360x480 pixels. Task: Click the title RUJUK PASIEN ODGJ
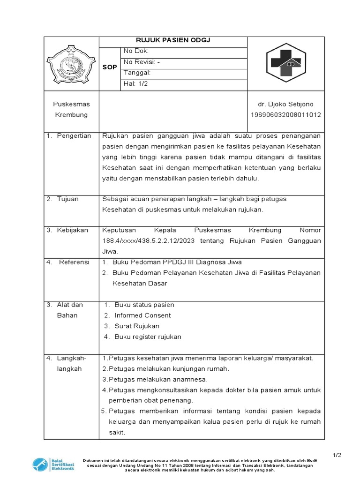172,40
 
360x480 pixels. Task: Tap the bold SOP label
110,67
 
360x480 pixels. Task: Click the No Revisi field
142,62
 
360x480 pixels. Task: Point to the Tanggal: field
136,73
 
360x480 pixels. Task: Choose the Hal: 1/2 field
135,84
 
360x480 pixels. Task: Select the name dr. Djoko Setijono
285,104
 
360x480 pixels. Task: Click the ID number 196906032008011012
285,115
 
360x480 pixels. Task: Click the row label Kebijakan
68,230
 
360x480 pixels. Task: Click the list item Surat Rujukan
137,326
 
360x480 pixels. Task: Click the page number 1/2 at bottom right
337,455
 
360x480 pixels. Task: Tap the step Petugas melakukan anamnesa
157,379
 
